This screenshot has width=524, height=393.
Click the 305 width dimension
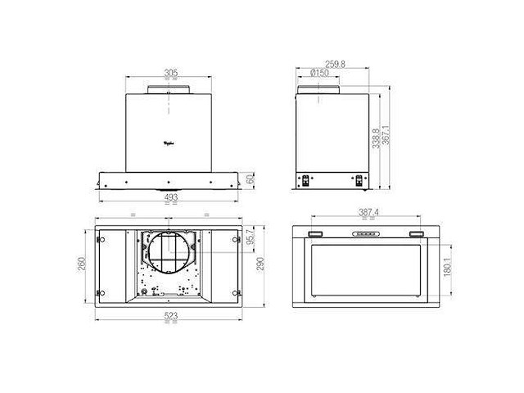[170, 73]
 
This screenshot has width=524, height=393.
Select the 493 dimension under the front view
[170, 197]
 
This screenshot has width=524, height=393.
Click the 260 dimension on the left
[83, 264]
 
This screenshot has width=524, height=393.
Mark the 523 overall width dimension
[170, 315]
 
